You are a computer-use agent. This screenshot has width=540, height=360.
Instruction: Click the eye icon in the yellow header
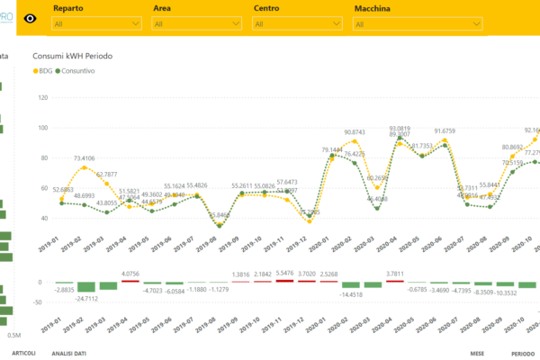pyautogui.click(x=31, y=17)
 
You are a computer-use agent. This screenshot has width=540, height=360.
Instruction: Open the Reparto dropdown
pyautogui.click(x=96, y=24)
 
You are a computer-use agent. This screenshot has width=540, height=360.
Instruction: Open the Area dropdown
pyautogui.click(x=195, y=24)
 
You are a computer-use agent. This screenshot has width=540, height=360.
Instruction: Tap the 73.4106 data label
pyautogui.click(x=90, y=158)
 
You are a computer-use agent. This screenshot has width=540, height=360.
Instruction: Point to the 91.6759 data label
pyautogui.click(x=452, y=131)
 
